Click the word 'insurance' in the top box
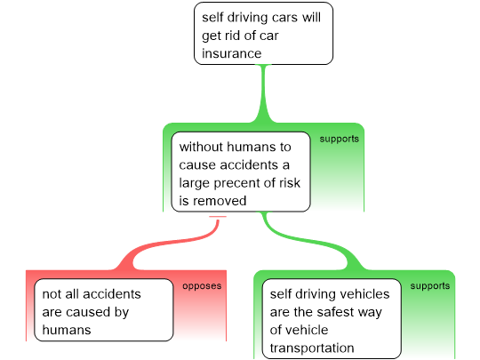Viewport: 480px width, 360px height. pos(231,53)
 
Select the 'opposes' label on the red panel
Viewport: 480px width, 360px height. pos(202,286)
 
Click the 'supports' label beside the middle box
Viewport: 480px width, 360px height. pos(340,140)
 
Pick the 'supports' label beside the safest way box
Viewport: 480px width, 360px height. pos(430,286)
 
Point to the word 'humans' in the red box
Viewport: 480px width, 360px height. pos(67,330)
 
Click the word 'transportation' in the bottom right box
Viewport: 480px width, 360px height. pos(312,348)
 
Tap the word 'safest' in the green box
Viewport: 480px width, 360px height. pos(335,312)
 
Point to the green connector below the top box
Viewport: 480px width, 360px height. pos(263,93)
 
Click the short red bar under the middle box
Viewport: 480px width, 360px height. pos(218,217)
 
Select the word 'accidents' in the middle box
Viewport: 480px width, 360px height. pos(249,165)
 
